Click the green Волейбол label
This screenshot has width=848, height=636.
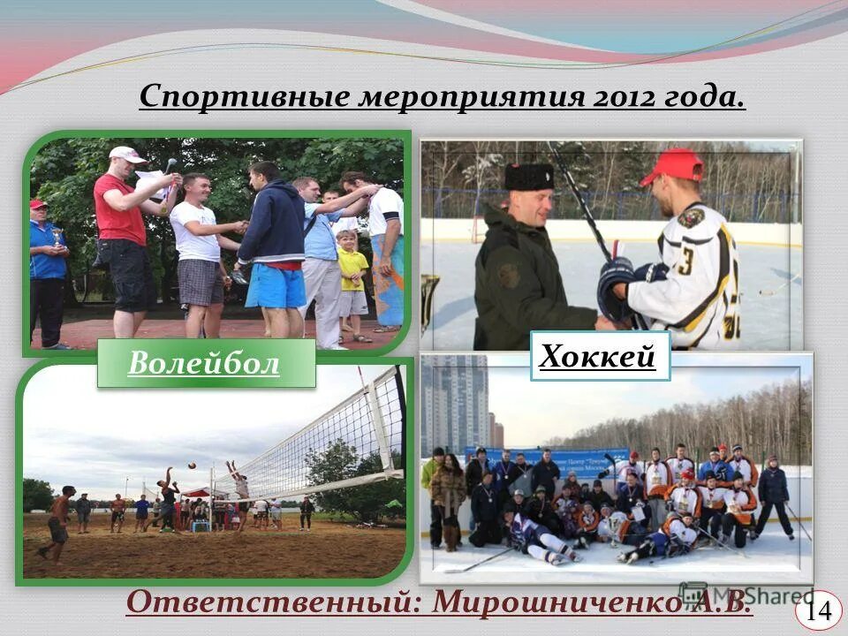pyautogui.click(x=205, y=364)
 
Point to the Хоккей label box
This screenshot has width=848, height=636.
pyautogui.click(x=598, y=356)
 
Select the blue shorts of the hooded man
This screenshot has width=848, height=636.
pyautogui.click(x=275, y=285)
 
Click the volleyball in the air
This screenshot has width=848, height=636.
pyautogui.click(x=191, y=465)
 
